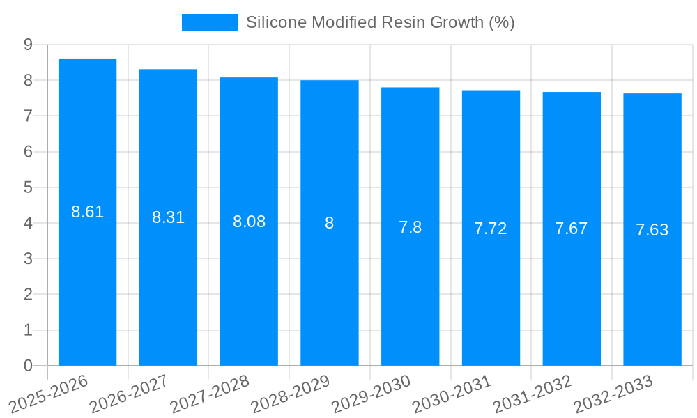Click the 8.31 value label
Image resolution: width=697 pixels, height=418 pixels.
coord(168,217)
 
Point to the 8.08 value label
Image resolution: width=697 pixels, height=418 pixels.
coord(249,222)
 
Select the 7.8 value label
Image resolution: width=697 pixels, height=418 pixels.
coord(410,227)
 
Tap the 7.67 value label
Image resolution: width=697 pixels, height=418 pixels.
coord(572,229)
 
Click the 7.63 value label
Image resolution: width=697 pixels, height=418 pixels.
coord(652,230)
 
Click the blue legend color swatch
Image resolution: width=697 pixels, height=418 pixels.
coord(209,22)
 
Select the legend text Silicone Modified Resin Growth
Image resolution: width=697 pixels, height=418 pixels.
coord(380,22)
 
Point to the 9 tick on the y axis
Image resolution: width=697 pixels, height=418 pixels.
coord(28,45)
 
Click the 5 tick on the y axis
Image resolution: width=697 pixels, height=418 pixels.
coord(28,187)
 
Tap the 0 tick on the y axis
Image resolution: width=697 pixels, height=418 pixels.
coord(28,366)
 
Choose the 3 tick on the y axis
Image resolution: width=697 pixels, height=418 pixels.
coord(28,258)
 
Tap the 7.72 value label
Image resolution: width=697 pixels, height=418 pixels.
coord(491,229)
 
